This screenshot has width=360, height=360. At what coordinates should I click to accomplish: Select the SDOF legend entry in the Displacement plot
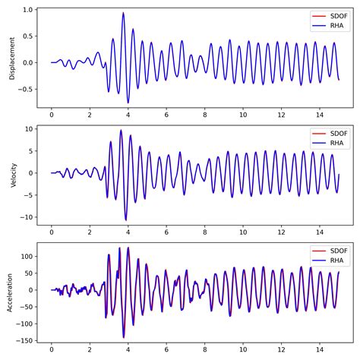tap(331, 16)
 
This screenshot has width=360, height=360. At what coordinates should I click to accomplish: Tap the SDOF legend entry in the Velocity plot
tap(331, 134)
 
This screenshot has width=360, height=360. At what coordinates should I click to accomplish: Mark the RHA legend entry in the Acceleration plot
tap(331, 260)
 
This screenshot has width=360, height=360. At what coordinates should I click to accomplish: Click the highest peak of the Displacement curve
tap(123, 13)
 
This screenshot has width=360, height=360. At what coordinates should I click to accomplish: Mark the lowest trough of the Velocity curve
tap(126, 220)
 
